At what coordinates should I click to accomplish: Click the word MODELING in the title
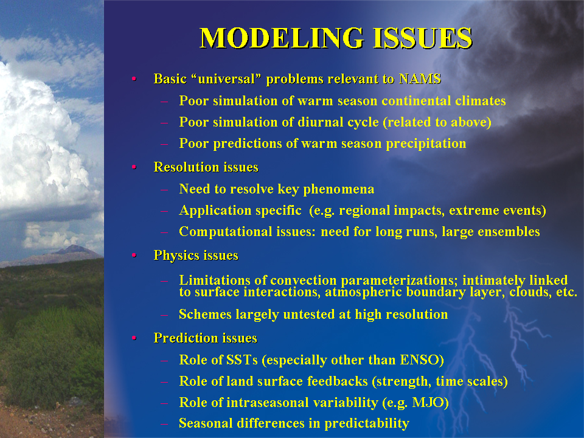point(281,38)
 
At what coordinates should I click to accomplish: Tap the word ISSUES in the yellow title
point(422,38)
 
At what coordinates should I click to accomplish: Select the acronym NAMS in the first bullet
point(420,78)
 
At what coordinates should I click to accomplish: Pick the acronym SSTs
point(239,360)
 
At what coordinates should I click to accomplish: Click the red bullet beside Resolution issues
point(134,167)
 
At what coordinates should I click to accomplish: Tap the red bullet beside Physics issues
point(134,255)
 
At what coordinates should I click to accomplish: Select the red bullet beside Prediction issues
point(134,338)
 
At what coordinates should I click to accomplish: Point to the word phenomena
point(339,189)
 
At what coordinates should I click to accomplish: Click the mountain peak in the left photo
point(74,246)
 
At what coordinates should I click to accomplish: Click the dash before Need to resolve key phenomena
point(164,189)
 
